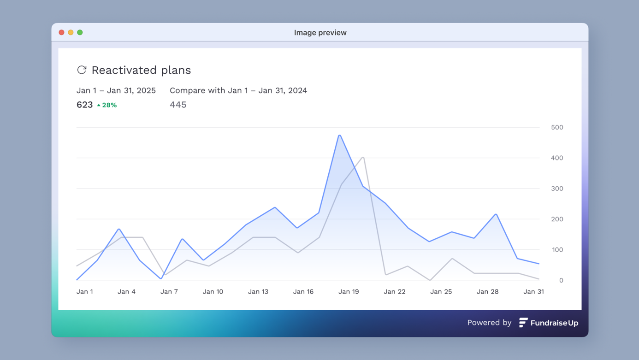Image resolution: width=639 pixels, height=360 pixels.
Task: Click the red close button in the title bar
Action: click(x=61, y=32)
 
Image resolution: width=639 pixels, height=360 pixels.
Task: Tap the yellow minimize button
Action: click(x=71, y=32)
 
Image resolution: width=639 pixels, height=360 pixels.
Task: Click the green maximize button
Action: click(x=80, y=32)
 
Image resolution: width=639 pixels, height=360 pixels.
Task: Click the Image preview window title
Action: click(x=320, y=33)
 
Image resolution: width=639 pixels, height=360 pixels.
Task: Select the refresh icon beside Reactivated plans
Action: click(x=82, y=70)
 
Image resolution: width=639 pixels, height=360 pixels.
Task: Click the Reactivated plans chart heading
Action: click(x=141, y=70)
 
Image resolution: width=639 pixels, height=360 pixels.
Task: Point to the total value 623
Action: click(x=84, y=105)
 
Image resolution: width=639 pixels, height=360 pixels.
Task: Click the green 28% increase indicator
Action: click(x=107, y=105)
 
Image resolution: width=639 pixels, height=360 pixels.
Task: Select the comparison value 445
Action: click(x=178, y=105)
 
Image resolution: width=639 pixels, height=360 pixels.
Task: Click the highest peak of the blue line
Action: click(x=340, y=136)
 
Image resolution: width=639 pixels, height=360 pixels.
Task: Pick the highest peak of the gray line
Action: click(x=363, y=158)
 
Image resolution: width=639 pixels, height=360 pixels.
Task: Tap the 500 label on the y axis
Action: click(x=557, y=127)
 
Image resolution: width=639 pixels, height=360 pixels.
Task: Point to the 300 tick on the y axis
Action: click(x=557, y=189)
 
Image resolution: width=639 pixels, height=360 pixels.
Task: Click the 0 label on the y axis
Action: click(x=561, y=280)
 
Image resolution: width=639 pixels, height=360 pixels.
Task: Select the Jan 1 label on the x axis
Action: click(x=85, y=291)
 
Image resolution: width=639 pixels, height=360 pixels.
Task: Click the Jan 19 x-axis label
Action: click(x=349, y=291)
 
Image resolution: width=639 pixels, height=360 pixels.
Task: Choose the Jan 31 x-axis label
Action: click(x=533, y=291)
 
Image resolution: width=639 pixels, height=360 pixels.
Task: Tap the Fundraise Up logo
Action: click(x=549, y=323)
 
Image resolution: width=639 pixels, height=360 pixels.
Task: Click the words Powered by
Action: click(x=489, y=323)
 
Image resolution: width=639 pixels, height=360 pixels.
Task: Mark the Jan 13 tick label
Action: click(x=258, y=291)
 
